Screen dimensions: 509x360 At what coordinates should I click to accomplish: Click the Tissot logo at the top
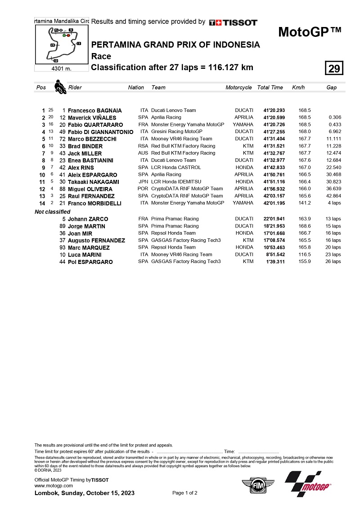pos(233,22)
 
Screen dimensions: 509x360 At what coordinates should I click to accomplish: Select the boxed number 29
pos(334,69)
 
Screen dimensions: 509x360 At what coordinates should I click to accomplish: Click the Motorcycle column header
pos(238,88)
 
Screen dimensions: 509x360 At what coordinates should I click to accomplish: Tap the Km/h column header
pos(298,88)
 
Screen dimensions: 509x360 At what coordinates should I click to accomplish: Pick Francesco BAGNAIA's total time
pos(274,111)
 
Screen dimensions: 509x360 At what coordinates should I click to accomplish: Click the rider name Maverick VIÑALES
pos(92,118)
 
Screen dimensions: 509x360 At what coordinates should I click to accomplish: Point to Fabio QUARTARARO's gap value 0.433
pos(335,125)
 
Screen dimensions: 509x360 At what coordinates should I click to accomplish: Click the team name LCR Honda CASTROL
pos(174,167)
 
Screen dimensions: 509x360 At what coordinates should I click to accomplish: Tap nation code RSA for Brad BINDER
pos(143,146)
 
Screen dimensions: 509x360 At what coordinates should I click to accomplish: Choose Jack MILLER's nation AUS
pos(143,153)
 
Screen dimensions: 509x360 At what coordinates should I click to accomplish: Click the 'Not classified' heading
pos(53,212)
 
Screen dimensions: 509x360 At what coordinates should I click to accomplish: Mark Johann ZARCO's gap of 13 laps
pos(333,219)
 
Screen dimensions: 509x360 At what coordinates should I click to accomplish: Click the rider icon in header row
pos(59,87)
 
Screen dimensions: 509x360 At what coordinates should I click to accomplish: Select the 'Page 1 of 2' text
pos(185,493)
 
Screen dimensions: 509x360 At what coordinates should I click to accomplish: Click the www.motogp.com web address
pos(54,486)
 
